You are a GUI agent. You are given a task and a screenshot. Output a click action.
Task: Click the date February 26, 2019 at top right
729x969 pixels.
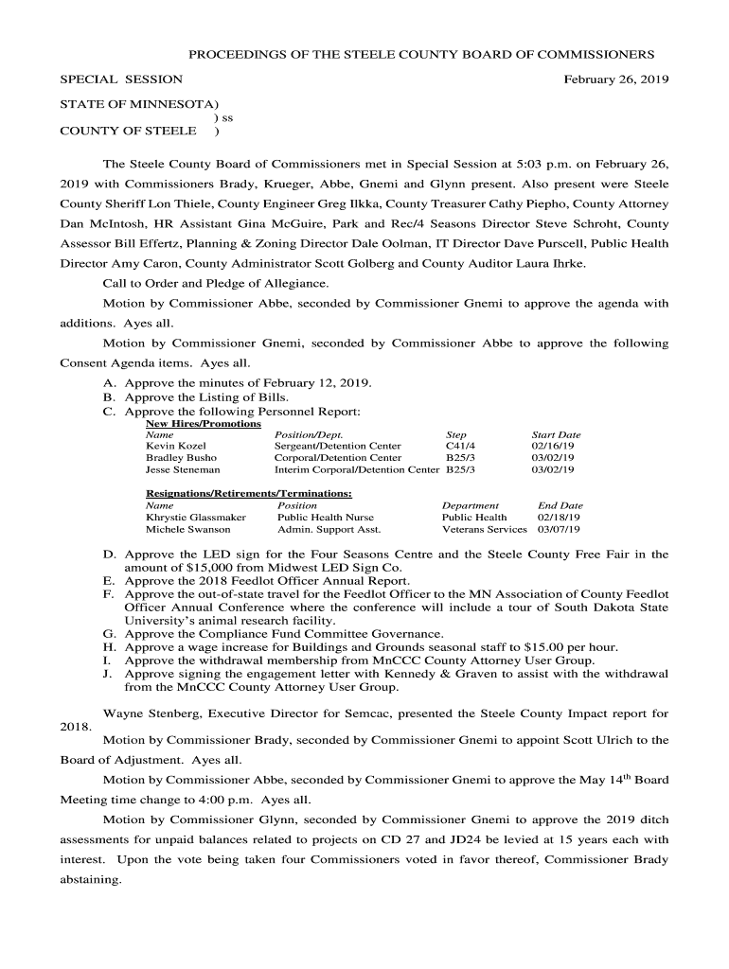coord(616,80)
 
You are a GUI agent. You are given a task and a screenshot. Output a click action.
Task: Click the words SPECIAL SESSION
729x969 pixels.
coord(121,80)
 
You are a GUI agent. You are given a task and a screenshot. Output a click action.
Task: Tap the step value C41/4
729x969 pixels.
coord(460,445)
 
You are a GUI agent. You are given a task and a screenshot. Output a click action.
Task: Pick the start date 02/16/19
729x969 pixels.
coord(553,445)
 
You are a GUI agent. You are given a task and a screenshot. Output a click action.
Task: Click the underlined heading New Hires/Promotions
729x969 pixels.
coord(203,424)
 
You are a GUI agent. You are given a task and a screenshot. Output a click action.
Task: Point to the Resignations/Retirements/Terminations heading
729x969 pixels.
coord(248,493)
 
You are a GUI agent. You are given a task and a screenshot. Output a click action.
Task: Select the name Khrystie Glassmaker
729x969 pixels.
coord(195,518)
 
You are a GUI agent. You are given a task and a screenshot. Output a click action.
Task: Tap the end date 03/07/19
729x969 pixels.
coord(560,530)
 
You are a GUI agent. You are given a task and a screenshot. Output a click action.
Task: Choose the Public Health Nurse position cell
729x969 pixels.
coord(325,518)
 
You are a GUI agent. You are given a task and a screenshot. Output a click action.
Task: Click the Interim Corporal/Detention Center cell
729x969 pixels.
coord(357,469)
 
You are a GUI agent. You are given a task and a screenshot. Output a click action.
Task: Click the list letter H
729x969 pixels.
coord(108,647)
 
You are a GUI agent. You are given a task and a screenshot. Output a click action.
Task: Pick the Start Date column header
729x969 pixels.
coord(556,434)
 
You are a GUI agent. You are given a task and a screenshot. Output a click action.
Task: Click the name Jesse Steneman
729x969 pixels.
coord(183,469)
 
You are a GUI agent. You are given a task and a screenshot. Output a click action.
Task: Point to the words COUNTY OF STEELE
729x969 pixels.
coord(128,131)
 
